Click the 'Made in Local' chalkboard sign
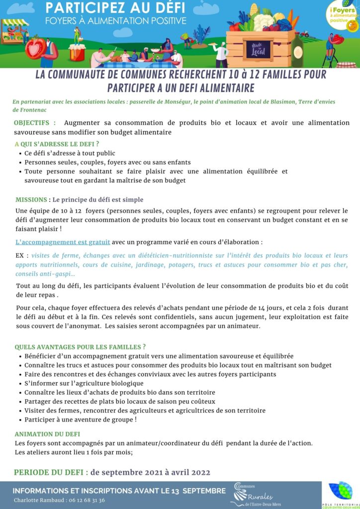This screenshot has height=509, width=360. pos(259,49)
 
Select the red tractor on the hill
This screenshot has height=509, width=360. pos(304,35)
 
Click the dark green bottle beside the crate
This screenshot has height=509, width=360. pos(297,50)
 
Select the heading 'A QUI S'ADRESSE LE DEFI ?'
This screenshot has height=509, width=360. pos(57,144)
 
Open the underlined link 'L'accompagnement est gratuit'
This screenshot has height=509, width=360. pos(63,243)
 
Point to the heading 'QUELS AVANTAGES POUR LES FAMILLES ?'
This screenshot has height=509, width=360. pos(80,347)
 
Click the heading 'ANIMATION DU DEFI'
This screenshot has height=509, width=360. pos(47,434)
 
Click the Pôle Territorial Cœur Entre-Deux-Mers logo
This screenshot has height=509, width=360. pos(341,495)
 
